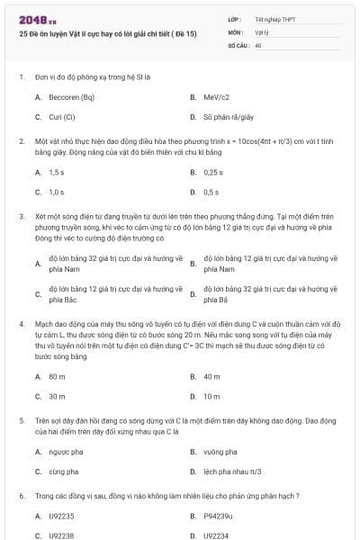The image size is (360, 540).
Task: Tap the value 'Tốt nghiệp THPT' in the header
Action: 274,19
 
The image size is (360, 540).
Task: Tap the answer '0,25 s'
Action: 213,172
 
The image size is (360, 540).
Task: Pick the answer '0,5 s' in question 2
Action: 211,192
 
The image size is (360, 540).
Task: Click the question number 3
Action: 22,217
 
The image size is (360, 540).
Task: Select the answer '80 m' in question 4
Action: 57,376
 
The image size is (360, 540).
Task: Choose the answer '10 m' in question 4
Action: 211,396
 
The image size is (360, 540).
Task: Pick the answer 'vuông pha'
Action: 220,451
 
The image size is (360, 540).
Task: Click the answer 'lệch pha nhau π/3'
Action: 233,471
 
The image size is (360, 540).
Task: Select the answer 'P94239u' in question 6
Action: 218,516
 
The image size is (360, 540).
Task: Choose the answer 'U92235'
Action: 61,516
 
